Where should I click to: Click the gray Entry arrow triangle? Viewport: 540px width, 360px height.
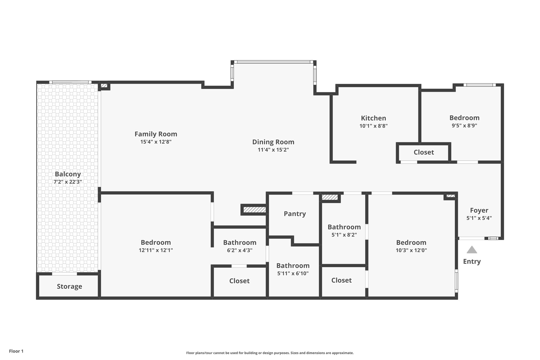click(472, 250)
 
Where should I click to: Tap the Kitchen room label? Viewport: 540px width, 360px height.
click(373, 118)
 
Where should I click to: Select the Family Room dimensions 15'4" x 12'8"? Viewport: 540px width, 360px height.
click(156, 142)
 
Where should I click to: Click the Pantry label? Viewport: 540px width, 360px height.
click(295, 214)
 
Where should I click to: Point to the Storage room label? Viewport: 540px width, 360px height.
click(69, 286)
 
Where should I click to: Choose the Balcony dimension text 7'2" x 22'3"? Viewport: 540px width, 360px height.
click(68, 182)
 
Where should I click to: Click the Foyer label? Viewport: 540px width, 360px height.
click(479, 210)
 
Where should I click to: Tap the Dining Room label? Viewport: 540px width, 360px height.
click(273, 142)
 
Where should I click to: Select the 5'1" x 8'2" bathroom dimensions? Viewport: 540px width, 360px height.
click(344, 235)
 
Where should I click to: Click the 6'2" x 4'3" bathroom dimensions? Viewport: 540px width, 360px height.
click(240, 250)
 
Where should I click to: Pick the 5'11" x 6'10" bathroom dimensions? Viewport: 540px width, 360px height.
click(293, 273)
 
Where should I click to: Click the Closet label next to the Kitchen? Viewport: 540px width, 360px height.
click(424, 152)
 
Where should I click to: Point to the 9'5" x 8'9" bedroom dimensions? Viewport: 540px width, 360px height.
click(464, 126)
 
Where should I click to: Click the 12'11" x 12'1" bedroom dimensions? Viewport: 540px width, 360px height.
click(156, 250)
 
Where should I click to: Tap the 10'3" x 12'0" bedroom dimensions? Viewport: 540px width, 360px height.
click(411, 250)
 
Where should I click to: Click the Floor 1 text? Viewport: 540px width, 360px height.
click(16, 351)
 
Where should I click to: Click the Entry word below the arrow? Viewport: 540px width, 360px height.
click(472, 261)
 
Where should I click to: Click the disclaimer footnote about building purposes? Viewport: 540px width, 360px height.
click(270, 353)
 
